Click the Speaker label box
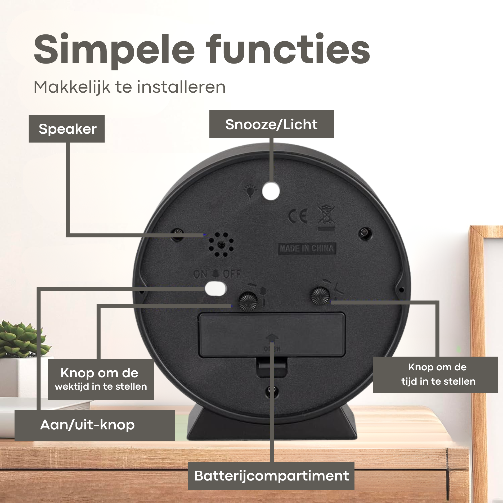[67, 129]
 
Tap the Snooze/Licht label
[272, 124]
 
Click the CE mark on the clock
[298, 216]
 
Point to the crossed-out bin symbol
[326, 218]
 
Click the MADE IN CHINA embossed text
[307, 249]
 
